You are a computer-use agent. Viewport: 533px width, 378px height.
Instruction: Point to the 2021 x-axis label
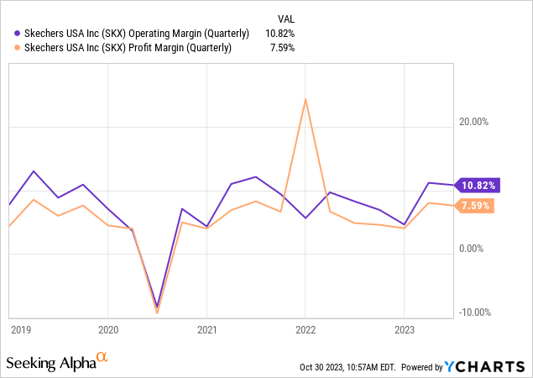208,330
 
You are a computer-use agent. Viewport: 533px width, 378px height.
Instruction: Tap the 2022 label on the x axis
306,330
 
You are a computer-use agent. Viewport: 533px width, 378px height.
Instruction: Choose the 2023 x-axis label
405,330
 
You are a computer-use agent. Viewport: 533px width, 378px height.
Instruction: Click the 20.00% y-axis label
474,122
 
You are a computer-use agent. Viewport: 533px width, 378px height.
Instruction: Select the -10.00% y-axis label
474,312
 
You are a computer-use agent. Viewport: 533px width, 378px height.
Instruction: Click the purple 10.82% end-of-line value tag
477,185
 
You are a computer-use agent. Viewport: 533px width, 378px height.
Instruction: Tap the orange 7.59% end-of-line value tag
477,205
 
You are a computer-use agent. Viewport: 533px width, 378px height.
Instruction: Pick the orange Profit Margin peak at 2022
306,99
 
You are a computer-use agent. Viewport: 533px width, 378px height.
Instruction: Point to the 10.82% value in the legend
279,34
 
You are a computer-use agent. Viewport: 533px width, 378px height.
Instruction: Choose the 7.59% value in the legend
281,47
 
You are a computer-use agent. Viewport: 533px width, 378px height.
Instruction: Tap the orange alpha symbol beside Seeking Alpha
102,358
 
